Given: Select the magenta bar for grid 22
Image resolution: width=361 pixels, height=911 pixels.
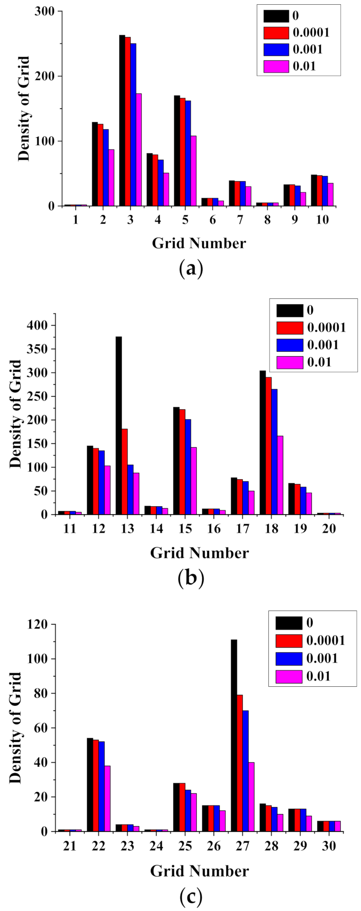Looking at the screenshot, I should tap(107, 798).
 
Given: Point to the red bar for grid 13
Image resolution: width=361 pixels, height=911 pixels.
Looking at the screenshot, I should tap(124, 472).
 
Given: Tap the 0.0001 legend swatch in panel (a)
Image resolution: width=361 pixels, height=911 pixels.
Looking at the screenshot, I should tap(276, 33).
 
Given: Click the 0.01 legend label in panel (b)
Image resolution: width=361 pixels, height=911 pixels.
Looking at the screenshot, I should tap(319, 362).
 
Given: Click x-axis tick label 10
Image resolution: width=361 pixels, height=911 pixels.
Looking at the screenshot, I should tap(322, 219).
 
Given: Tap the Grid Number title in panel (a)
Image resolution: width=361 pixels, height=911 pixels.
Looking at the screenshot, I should tap(199, 243).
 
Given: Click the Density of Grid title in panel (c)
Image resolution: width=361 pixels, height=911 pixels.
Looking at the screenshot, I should tap(16, 728).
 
